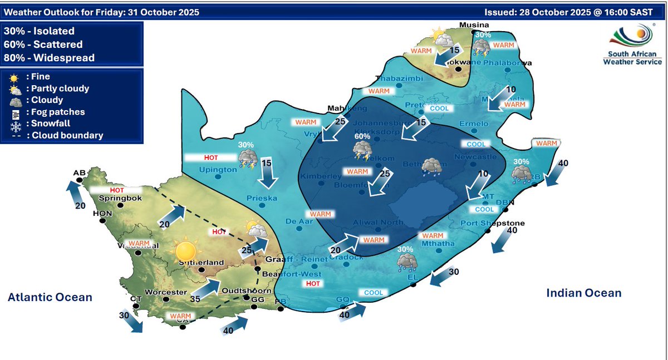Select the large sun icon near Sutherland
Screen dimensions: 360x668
(186, 250)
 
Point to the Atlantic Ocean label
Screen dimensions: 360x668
(50, 298)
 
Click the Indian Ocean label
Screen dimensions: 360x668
(584, 293)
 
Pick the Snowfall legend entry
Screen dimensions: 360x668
(47, 124)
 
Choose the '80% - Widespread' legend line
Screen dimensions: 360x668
(49, 58)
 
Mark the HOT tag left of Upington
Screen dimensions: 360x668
(200, 157)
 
